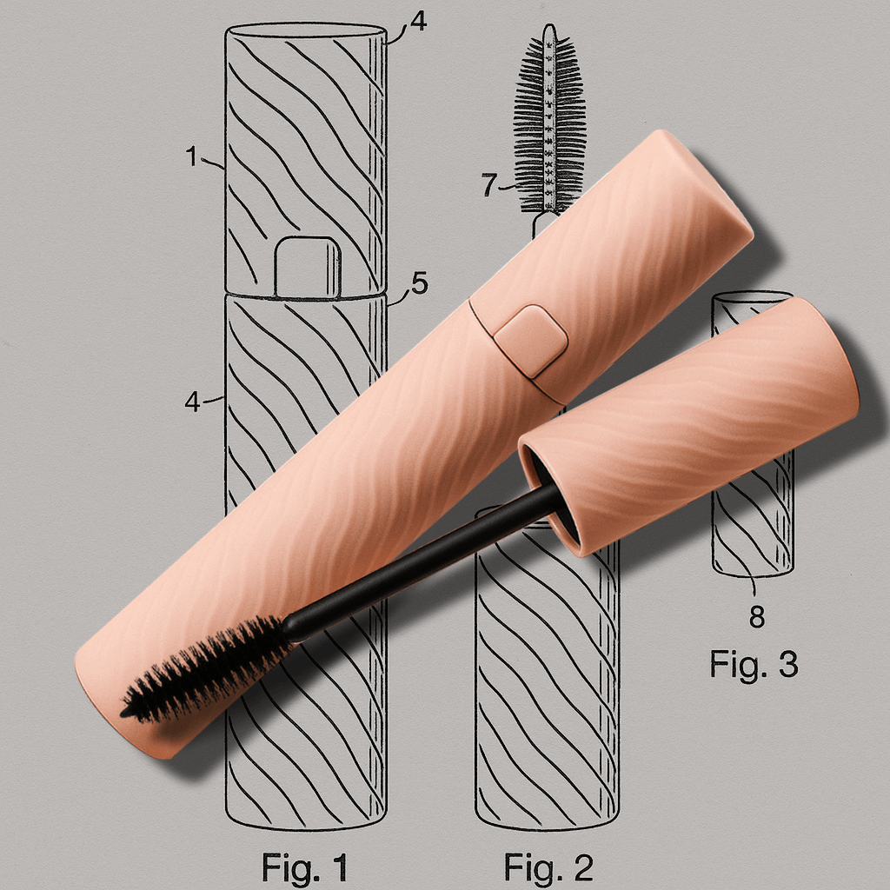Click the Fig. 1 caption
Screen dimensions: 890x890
coord(304,867)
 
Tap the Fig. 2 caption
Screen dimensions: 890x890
coord(548,867)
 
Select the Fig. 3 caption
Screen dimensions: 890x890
coord(754,663)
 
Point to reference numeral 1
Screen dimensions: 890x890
coord(192,156)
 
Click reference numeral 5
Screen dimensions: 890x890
coord(420,282)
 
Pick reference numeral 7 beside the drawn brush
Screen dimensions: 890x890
coord(489,184)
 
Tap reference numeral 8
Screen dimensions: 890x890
coord(757,616)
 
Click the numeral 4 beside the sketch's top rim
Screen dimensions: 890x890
coord(418,21)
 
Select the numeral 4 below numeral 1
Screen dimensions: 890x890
coord(192,402)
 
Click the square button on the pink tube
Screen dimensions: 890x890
coord(531,342)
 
